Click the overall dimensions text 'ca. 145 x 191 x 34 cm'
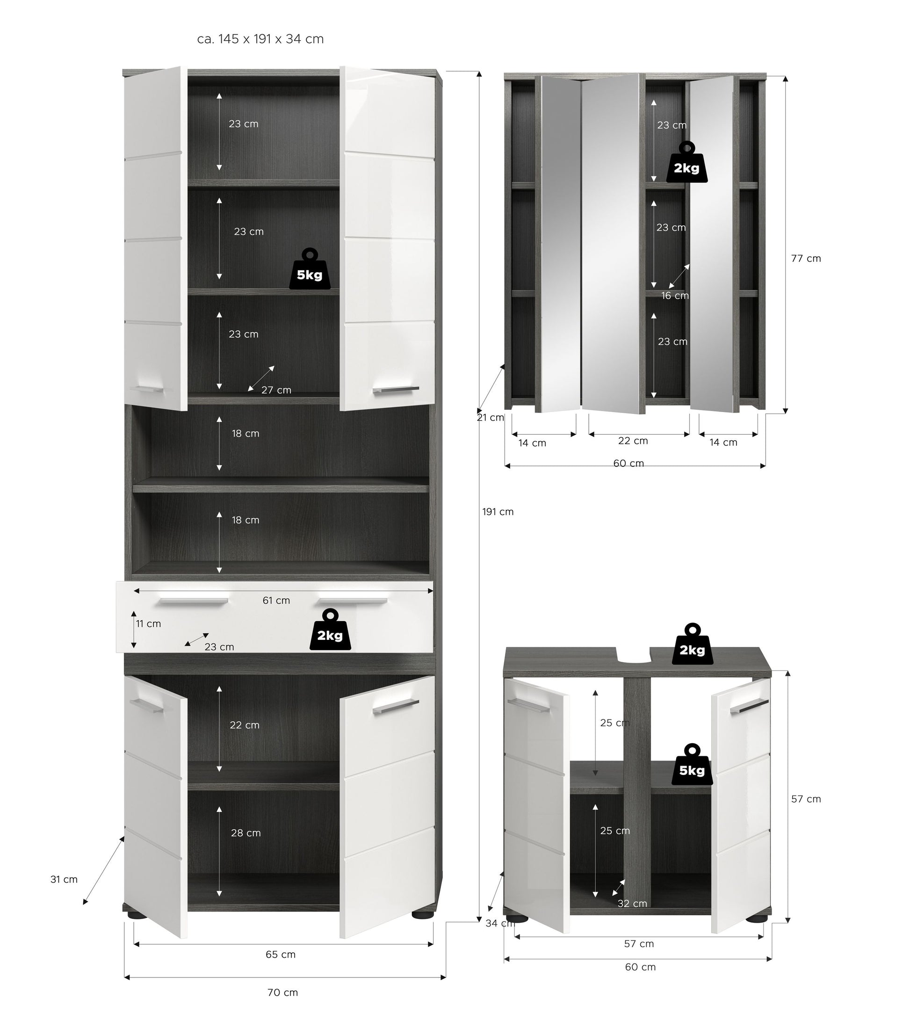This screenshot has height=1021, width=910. click(x=260, y=39)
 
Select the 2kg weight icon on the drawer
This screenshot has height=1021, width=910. click(x=330, y=630)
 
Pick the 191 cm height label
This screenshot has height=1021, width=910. click(x=498, y=512)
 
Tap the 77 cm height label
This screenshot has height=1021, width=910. click(x=806, y=259)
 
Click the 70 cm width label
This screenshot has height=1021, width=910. click(x=282, y=992)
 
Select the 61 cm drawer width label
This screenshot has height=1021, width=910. click(x=276, y=601)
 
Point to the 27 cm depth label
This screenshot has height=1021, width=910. click(x=276, y=390)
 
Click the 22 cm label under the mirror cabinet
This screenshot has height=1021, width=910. click(x=633, y=441)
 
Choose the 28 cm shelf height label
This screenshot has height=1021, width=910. click(x=246, y=833)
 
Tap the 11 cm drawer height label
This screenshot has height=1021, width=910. click(x=149, y=623)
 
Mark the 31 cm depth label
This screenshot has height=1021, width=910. click(x=64, y=879)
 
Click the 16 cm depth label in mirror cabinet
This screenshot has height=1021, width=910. click(x=675, y=296)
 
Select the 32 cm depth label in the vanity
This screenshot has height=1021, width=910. click(x=632, y=904)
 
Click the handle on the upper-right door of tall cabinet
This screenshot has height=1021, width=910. click(x=396, y=389)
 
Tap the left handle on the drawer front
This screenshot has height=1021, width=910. click(x=193, y=601)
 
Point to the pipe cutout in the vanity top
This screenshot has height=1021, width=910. click(x=633, y=654)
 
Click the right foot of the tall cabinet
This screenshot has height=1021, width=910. click(x=423, y=914)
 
